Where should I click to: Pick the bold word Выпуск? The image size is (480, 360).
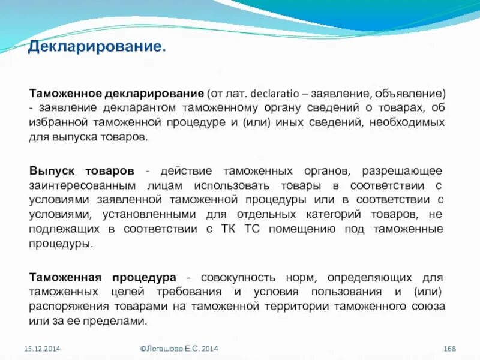[52, 171]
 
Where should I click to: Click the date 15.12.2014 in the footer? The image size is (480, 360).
[42, 349]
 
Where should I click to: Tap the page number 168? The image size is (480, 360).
[450, 349]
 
